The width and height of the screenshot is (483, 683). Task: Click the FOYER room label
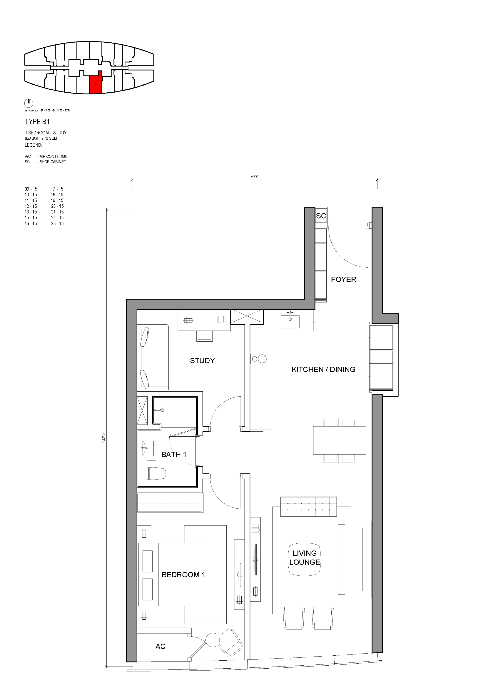click(x=343, y=279)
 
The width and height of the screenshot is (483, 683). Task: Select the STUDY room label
click(x=202, y=360)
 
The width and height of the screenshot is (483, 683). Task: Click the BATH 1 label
click(x=174, y=455)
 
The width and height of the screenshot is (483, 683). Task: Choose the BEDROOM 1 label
click(x=183, y=575)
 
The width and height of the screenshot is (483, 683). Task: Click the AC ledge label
click(x=160, y=646)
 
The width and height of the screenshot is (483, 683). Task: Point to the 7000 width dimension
click(x=254, y=177)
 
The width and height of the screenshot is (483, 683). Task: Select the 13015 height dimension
click(x=104, y=438)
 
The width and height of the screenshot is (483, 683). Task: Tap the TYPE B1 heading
click(x=37, y=122)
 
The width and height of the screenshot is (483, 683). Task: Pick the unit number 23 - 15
click(x=58, y=224)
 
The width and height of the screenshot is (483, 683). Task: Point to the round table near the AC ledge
click(x=212, y=639)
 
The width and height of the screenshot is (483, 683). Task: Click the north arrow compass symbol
click(x=29, y=103)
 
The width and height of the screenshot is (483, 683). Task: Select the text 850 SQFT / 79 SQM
click(x=41, y=138)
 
